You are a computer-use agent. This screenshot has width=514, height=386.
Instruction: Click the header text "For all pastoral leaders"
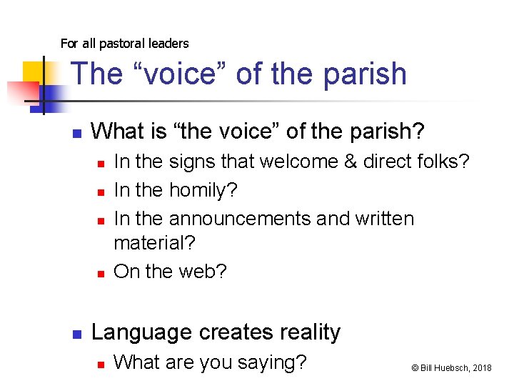point(124,44)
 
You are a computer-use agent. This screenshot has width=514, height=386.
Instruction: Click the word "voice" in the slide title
point(178,74)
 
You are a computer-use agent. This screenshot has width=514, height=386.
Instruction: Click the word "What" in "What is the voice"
point(116,132)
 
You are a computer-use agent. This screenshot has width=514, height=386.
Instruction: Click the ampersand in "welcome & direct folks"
point(351,162)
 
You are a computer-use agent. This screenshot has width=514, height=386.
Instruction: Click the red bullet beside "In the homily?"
point(101,192)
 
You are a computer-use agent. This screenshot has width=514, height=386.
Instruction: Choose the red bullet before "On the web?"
point(101,273)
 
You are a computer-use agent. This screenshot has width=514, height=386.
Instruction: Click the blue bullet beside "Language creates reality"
point(77,334)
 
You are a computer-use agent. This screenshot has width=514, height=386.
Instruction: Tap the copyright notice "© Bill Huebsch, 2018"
point(451,367)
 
